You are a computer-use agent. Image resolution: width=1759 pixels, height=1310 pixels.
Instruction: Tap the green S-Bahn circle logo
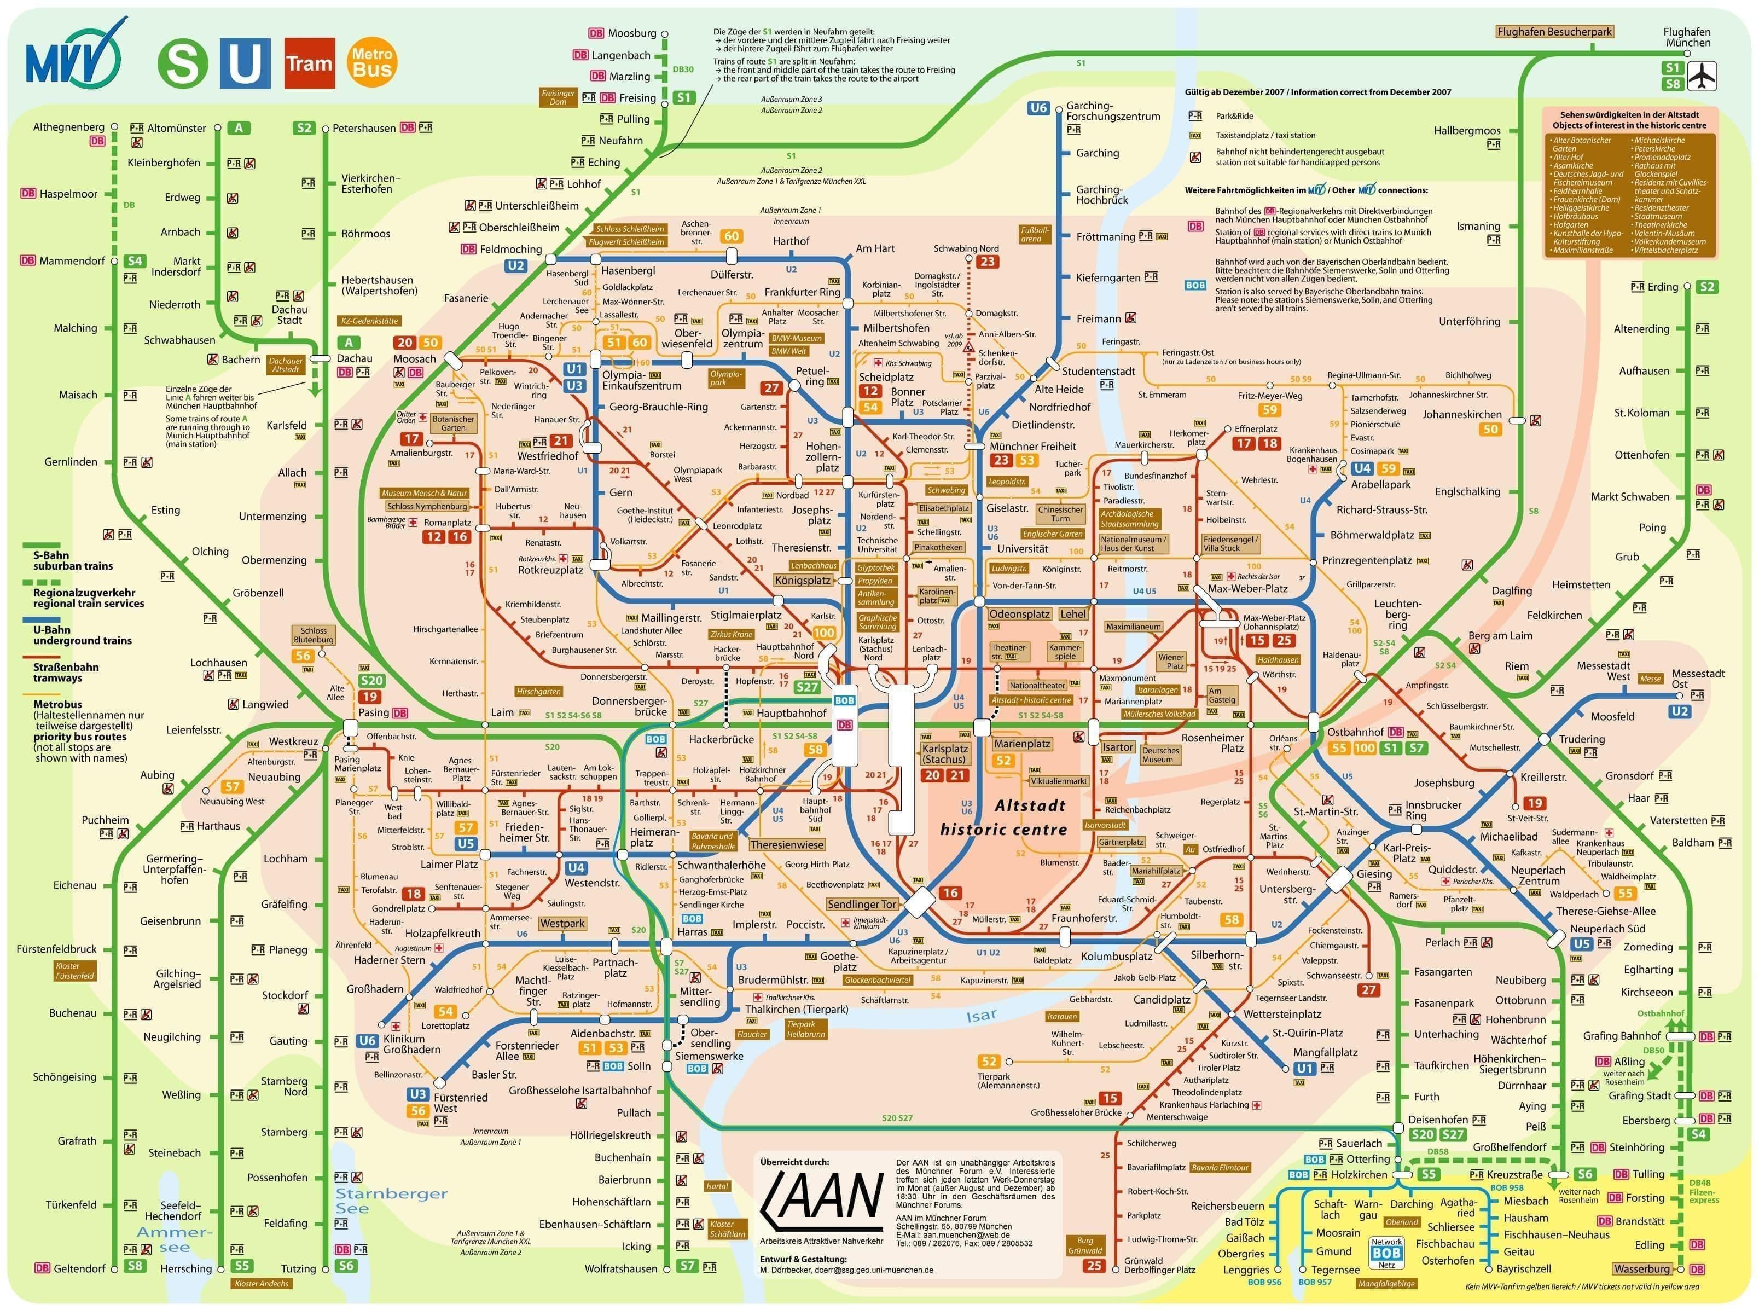click(182, 63)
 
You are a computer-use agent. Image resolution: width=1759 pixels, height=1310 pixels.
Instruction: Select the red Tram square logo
click(309, 63)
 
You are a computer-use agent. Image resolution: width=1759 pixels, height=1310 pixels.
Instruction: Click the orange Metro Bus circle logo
click(372, 62)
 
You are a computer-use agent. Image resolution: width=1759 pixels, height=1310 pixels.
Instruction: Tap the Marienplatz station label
click(1022, 744)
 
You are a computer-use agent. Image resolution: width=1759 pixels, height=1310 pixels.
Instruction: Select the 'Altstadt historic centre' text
click(1003, 818)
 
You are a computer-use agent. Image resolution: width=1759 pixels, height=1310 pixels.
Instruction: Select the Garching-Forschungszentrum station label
click(1112, 111)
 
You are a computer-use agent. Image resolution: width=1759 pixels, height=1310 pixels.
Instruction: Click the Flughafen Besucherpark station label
click(1554, 32)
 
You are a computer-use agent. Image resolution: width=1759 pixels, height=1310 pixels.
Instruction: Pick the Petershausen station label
click(364, 127)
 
